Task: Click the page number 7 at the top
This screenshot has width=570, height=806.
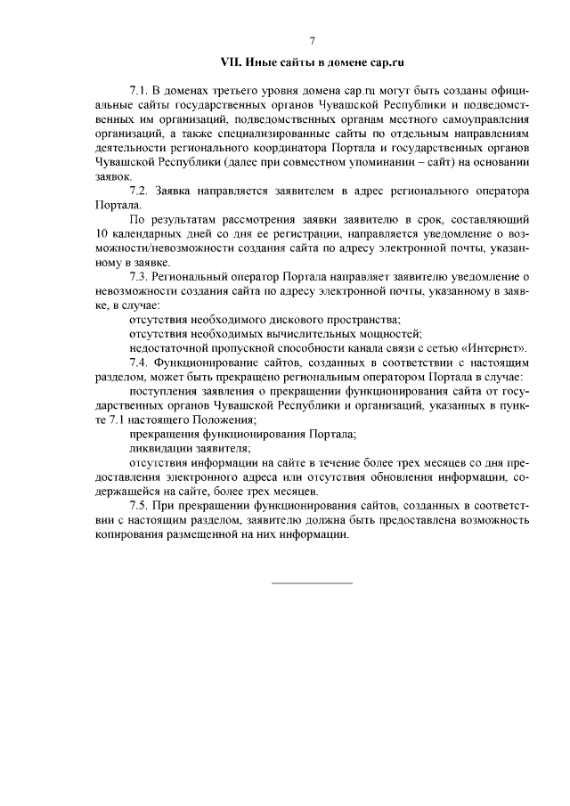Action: click(313, 41)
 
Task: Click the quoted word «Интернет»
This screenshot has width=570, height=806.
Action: click(497, 347)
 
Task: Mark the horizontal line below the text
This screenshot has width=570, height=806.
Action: click(312, 582)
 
